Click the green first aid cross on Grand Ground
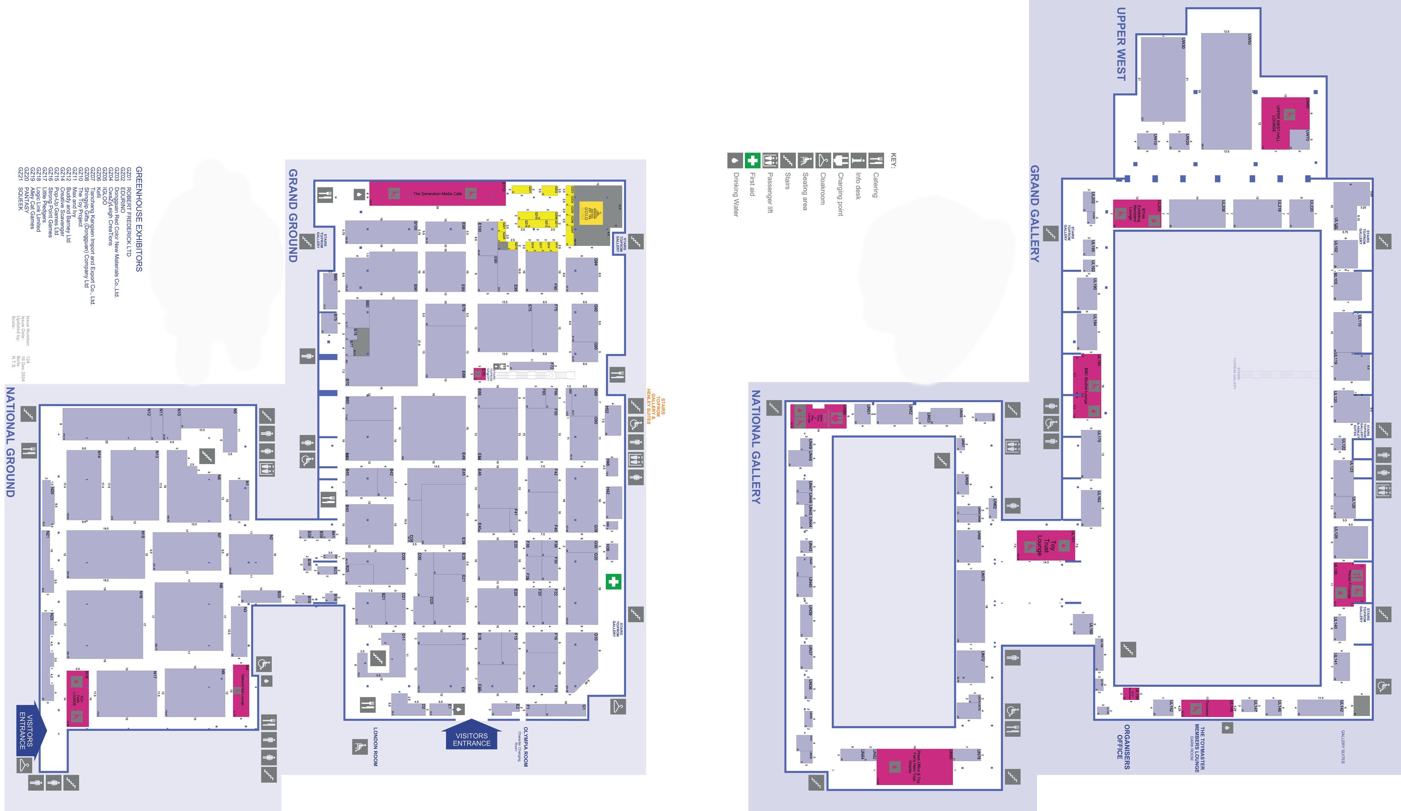coord(613,582)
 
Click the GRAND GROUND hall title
coord(293,216)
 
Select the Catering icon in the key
coord(876,160)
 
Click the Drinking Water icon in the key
coord(735,160)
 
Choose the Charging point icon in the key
coord(841,160)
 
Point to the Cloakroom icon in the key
coord(823,160)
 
